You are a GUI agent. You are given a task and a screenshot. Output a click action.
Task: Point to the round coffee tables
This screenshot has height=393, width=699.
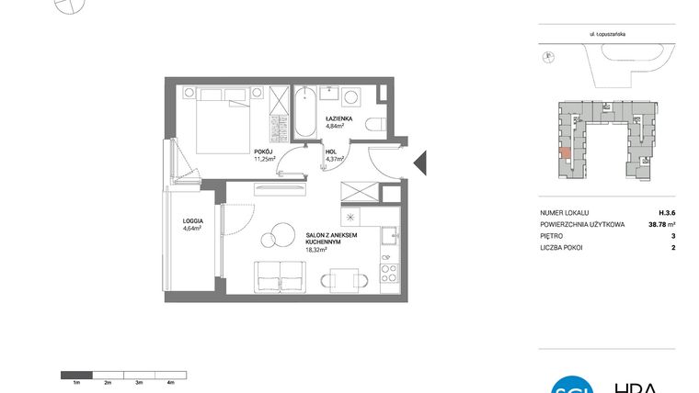point(274,236)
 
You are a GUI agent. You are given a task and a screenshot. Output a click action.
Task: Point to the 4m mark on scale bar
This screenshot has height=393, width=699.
point(170,381)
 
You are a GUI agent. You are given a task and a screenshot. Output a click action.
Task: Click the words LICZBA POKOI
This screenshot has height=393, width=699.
point(563,247)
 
